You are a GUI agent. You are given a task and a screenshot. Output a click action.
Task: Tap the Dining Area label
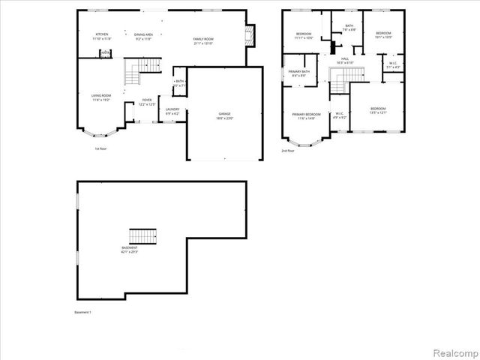pos(144,37)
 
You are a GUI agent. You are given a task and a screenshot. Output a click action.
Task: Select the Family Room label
pos(203,40)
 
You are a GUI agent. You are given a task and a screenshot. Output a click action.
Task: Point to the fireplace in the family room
pos(251,34)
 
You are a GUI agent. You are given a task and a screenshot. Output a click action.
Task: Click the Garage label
pos(225,116)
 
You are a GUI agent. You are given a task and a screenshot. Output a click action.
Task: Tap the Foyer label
pos(146,102)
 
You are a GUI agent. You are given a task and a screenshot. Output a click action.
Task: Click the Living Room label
pos(101,97)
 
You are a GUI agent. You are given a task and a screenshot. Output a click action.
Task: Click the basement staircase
pos(144,237)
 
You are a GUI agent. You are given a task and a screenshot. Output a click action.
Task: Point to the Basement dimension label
pos(130,249)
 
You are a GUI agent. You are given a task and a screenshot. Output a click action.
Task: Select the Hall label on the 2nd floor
pos(345,60)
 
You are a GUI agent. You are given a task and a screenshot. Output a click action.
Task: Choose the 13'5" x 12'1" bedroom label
pos(377,111)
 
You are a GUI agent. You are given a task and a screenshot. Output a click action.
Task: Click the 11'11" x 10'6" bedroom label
pos(304,36)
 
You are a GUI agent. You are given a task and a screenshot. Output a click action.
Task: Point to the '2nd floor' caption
pos(288,151)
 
